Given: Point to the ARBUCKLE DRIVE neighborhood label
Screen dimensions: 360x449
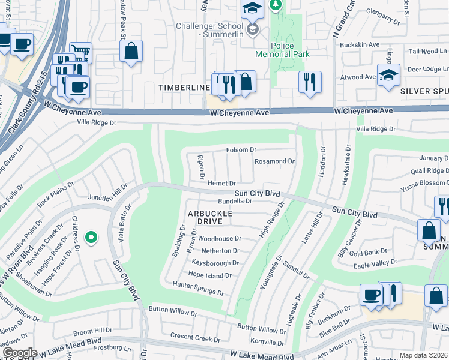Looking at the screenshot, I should click(x=206, y=217).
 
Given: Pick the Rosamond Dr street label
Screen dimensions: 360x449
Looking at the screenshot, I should click(x=274, y=161).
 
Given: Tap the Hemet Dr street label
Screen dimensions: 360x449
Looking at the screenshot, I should click(x=221, y=183).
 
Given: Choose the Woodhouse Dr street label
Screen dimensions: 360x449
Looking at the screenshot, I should click(x=220, y=238).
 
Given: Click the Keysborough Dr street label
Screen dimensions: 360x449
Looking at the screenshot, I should click(x=215, y=263).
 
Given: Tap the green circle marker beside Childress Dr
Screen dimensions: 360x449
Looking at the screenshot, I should click(x=91, y=238).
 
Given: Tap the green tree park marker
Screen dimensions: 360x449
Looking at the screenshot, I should click(x=276, y=5).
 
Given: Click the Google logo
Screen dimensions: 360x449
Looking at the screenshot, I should click(x=20, y=353).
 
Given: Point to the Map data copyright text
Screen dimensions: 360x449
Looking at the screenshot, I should click(x=423, y=355).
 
